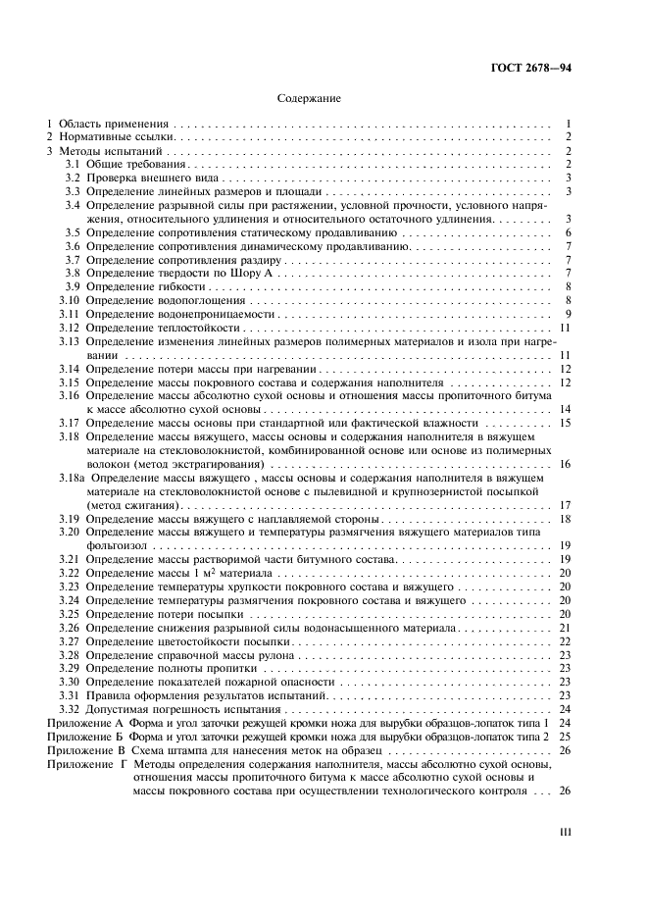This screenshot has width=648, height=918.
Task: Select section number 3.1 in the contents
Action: [x=72, y=164]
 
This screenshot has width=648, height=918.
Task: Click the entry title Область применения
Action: [x=113, y=126]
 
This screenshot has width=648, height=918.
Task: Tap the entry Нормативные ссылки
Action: [x=109, y=138]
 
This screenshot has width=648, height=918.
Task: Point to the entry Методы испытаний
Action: [x=105, y=151]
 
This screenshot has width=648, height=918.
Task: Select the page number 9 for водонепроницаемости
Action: [x=568, y=313]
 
